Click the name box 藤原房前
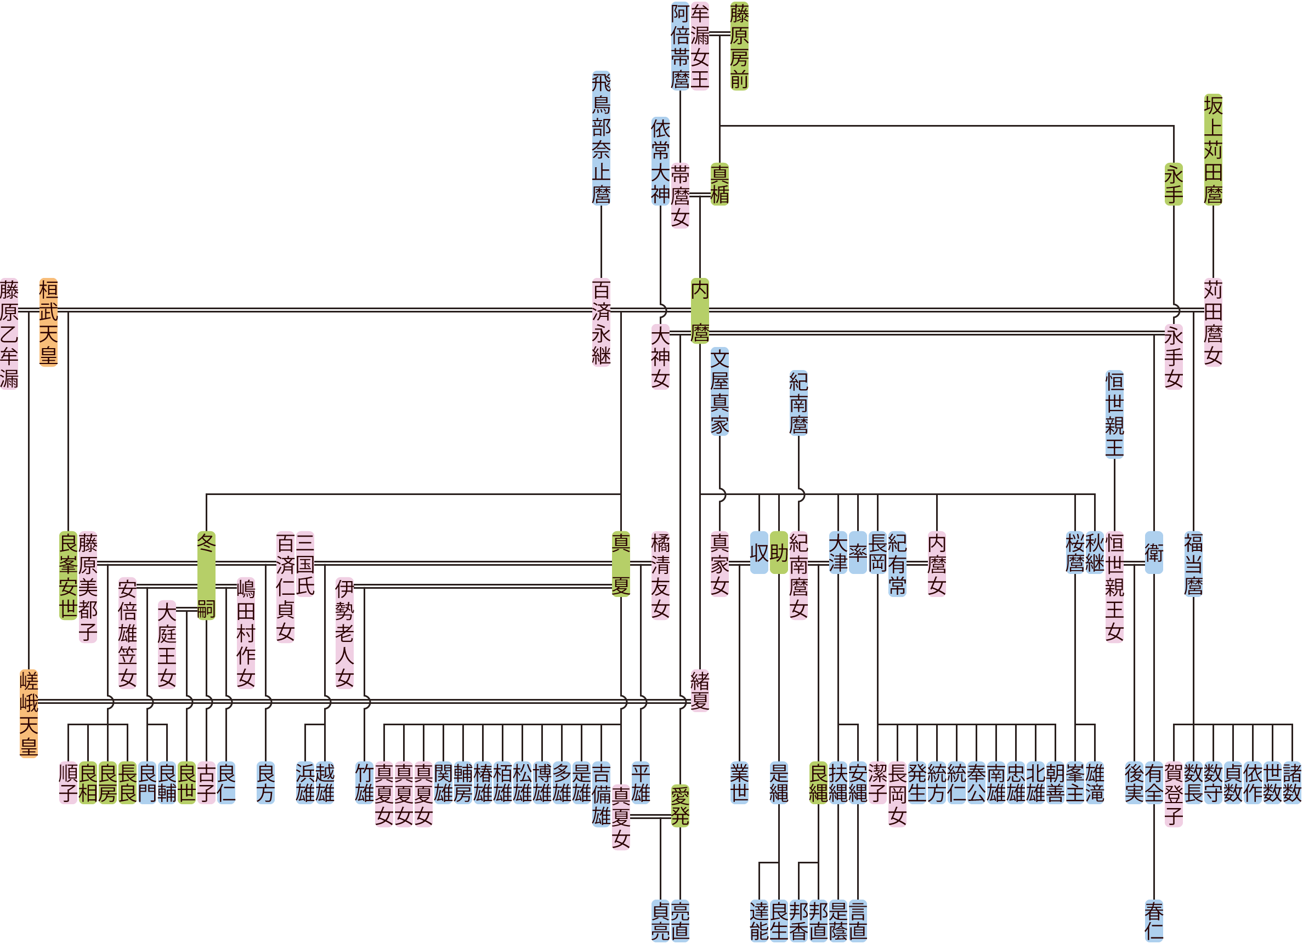coord(739,46)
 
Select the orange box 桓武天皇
coord(48,322)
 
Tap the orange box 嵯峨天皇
coord(28,713)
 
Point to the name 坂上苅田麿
coord(1213,149)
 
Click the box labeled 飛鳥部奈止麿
coord(601,138)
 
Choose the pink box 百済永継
coord(601,322)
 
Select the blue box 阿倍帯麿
coord(679,46)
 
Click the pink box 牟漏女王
coord(700,46)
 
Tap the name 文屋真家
coord(720,391)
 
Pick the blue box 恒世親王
coord(1114,414)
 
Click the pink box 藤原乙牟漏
coord(9,334)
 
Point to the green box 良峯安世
coord(68,576)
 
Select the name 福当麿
coord(1193,564)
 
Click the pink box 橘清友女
coord(660,576)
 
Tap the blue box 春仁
coord(1154,920)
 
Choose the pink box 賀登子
coord(1173,794)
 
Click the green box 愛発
coord(679,806)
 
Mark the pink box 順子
coord(68,783)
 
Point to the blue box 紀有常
coord(897,564)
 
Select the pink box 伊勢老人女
coord(344,633)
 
